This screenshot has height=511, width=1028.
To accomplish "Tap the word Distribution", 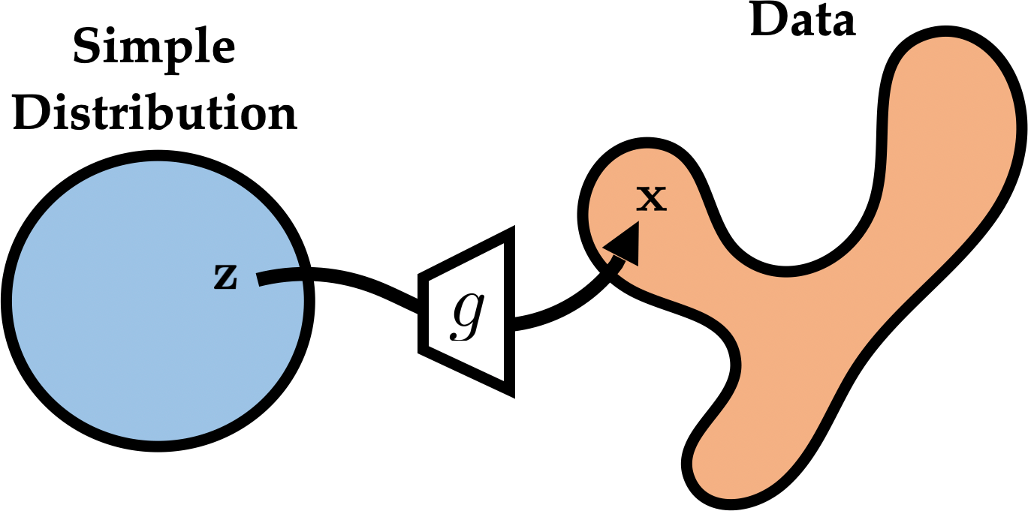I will (155, 115).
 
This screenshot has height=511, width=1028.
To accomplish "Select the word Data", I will (803, 22).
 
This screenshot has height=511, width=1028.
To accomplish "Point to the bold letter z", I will (225, 278).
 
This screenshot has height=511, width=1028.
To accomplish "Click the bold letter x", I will (651, 199).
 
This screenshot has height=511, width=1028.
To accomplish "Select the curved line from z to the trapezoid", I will (353, 285).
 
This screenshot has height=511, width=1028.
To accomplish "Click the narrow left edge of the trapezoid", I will (423, 311).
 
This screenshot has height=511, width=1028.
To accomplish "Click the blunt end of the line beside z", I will (260, 280).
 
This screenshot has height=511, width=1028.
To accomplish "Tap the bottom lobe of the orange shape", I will (721, 458).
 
